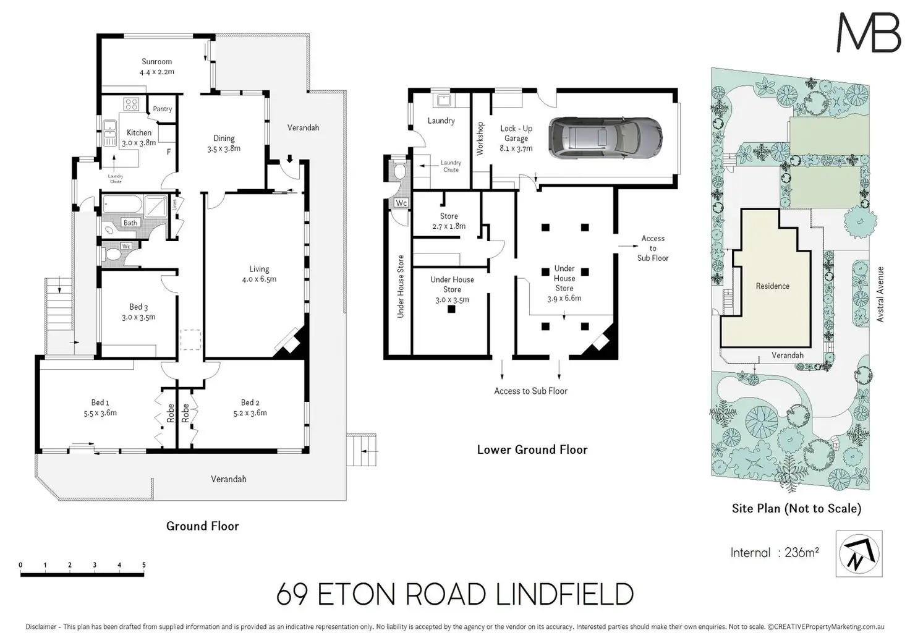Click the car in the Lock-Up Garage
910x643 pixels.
pos(605,135)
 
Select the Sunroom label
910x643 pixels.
pos(156,62)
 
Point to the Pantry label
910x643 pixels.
pos(162,109)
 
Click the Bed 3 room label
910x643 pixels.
pos(138,307)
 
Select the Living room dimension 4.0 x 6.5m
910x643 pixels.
pos(259,279)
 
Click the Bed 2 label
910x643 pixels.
pos(250,402)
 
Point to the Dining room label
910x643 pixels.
pos(224,138)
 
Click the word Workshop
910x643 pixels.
pos(480,138)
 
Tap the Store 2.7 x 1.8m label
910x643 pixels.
pos(449,221)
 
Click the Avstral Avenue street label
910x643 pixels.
pos(880,294)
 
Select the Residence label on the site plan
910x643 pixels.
pos(772,286)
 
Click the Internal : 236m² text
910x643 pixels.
pos(774,553)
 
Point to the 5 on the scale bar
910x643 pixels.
pos(144,565)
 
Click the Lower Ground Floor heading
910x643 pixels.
pos(532,449)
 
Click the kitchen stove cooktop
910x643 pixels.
pos(131,103)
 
